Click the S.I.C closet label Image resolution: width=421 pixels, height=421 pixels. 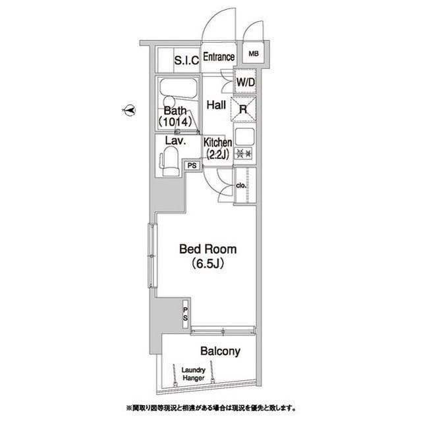coord(186,61)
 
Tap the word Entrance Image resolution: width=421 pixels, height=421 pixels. coord(219,57)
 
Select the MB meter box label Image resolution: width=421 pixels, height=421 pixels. coord(254,54)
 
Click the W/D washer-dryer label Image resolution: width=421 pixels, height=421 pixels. coord(245,82)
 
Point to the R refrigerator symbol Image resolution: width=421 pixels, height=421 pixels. coord(243,109)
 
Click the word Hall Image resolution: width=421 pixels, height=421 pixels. coord(216,105)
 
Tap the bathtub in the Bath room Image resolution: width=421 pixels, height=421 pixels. coord(179,88)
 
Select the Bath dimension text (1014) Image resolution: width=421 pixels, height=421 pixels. coord(175,122)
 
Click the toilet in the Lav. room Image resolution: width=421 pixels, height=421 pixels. coord(169,161)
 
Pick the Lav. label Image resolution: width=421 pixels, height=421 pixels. coord(175,141)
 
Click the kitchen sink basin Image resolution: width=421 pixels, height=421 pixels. coord(244,137)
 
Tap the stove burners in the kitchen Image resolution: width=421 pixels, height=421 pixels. coord(244,153)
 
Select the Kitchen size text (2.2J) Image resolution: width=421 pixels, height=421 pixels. coord(217,155)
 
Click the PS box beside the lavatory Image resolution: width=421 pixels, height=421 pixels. coord(192,166)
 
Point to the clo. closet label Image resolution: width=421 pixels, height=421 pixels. coord(241,186)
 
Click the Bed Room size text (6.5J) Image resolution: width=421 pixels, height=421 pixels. coord(208,264)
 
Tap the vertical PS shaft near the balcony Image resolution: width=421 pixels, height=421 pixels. coord(186,314)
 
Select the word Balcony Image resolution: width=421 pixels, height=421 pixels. coord(220,351)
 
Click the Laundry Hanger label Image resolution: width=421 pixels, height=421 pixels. coord(193,374)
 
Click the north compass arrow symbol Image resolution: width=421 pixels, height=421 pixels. coord(128,110)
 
